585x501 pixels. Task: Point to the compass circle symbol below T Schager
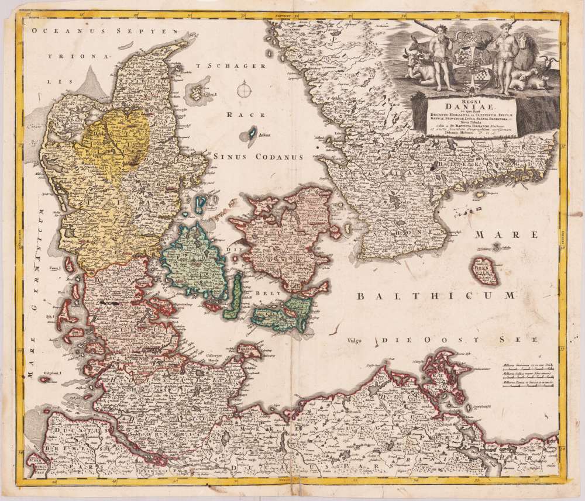(243, 90)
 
